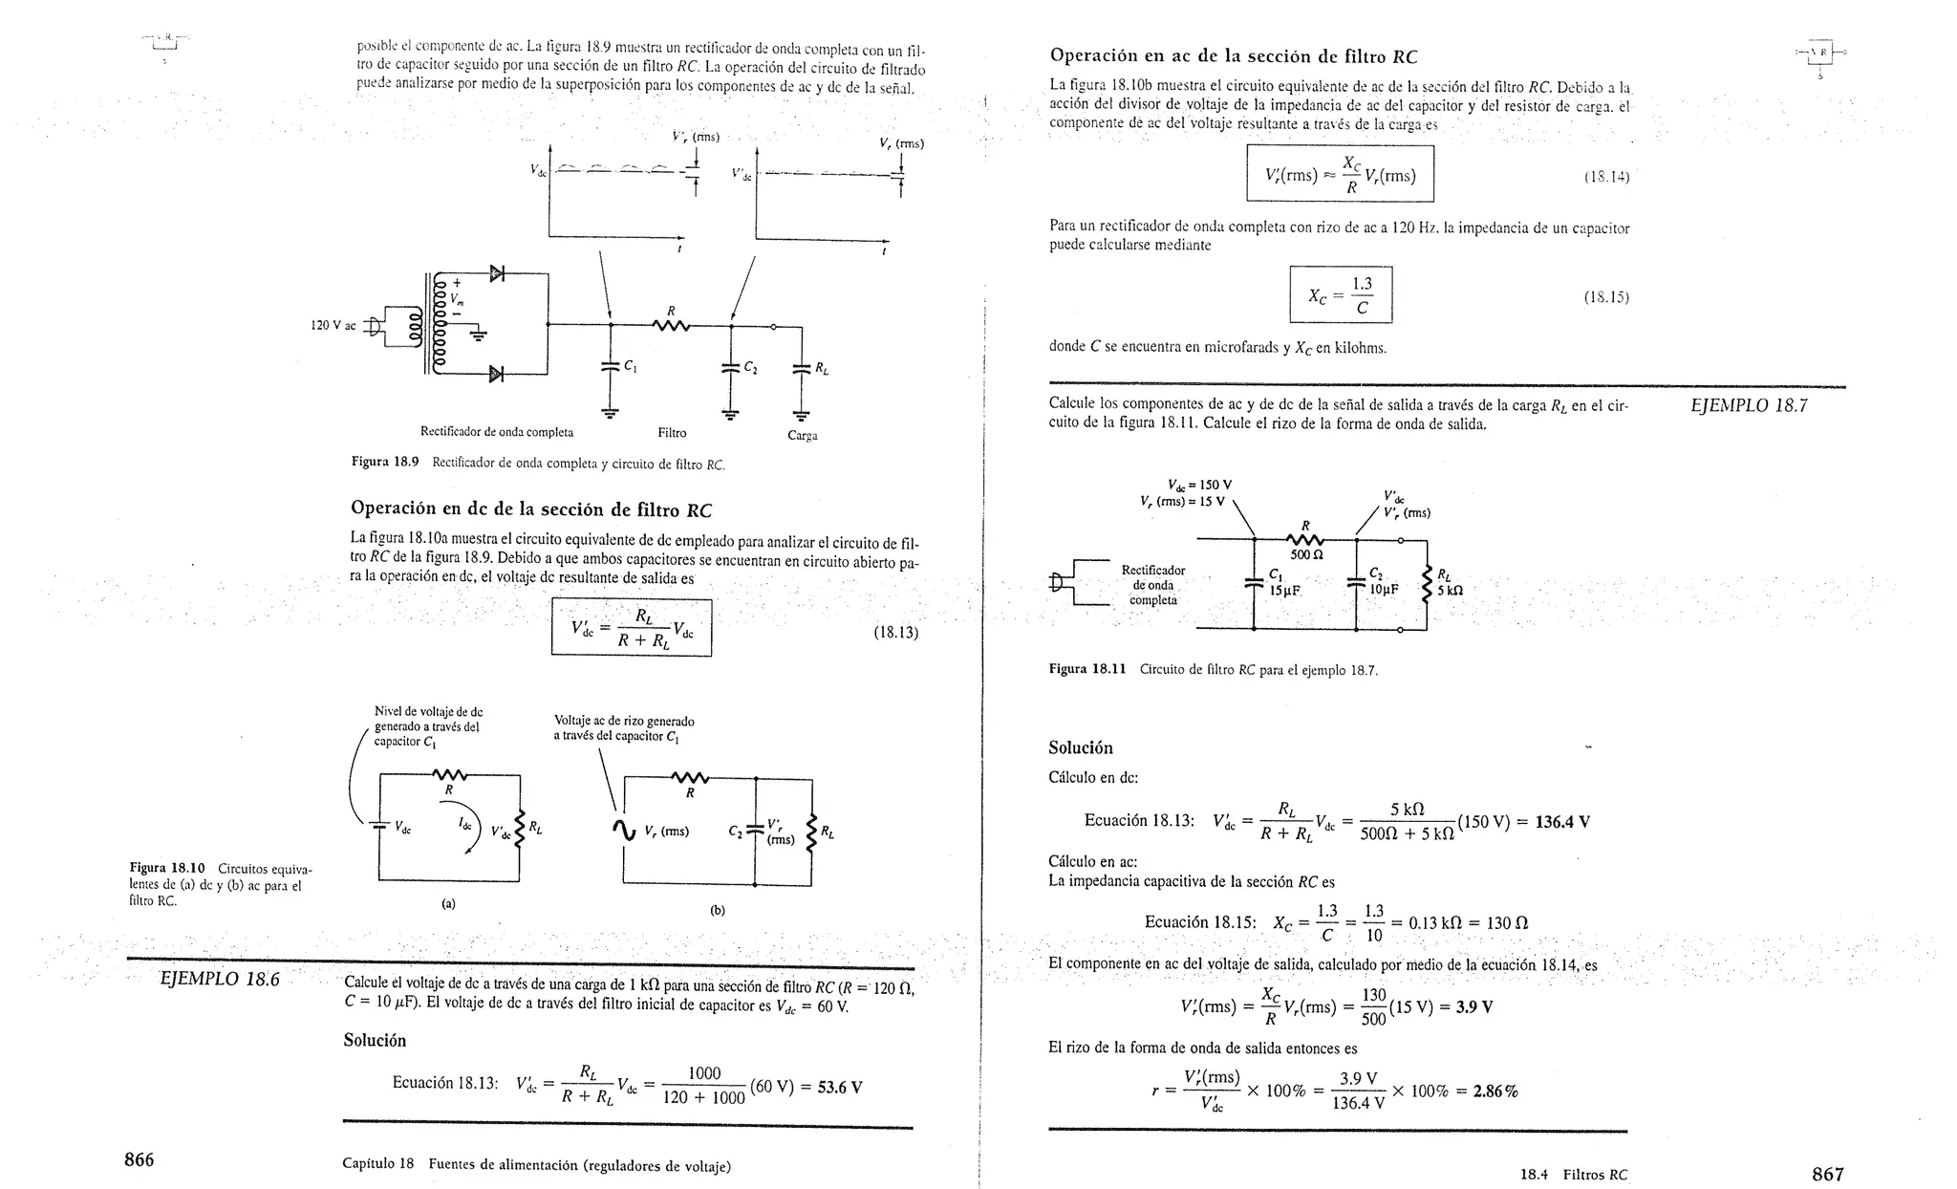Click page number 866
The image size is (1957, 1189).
(140, 1160)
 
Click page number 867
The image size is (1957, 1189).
(1827, 1174)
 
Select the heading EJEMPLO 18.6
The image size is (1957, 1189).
(220, 979)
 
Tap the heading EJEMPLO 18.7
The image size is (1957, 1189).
(1748, 405)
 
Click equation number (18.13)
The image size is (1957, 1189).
(895, 632)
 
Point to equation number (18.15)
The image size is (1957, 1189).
(1605, 297)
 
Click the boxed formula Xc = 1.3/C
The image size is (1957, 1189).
(1340, 295)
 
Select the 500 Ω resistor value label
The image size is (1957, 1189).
(1305, 555)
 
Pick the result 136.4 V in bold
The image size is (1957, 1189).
(1561, 822)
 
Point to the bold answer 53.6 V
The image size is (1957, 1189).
(840, 1087)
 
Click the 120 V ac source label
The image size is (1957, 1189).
(333, 326)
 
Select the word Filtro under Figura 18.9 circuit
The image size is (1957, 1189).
(672, 433)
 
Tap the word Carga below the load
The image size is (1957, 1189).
(802, 436)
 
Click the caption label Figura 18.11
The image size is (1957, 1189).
(1087, 670)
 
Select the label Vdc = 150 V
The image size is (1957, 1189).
(1199, 485)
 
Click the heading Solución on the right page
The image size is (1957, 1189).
(1080, 747)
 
